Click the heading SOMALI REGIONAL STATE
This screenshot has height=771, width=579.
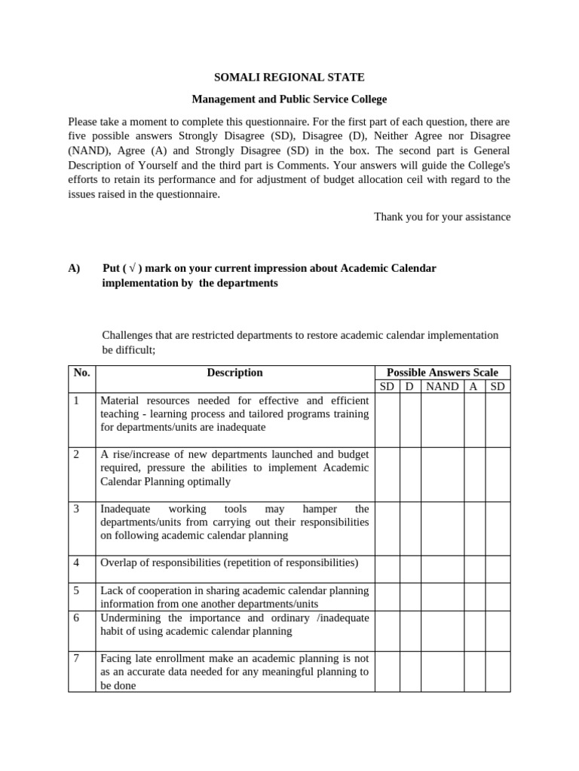289,77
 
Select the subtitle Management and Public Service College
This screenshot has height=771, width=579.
289,99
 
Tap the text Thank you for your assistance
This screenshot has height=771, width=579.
442,217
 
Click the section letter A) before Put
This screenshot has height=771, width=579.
74,269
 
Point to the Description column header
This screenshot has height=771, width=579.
234,373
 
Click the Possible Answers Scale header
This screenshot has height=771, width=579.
442,373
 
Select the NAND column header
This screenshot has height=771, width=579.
442,386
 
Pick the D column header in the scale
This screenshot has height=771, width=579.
409,386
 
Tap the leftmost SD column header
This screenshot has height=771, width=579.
387,386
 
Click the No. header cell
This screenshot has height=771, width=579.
81,373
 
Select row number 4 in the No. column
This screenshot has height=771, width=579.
77,562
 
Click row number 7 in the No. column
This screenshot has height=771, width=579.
77,658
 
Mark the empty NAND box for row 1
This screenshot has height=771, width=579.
442,420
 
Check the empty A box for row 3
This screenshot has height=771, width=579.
474,528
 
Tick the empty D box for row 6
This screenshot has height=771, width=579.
409,631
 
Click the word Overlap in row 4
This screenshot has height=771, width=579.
119,562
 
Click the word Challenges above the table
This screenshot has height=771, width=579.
127,335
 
